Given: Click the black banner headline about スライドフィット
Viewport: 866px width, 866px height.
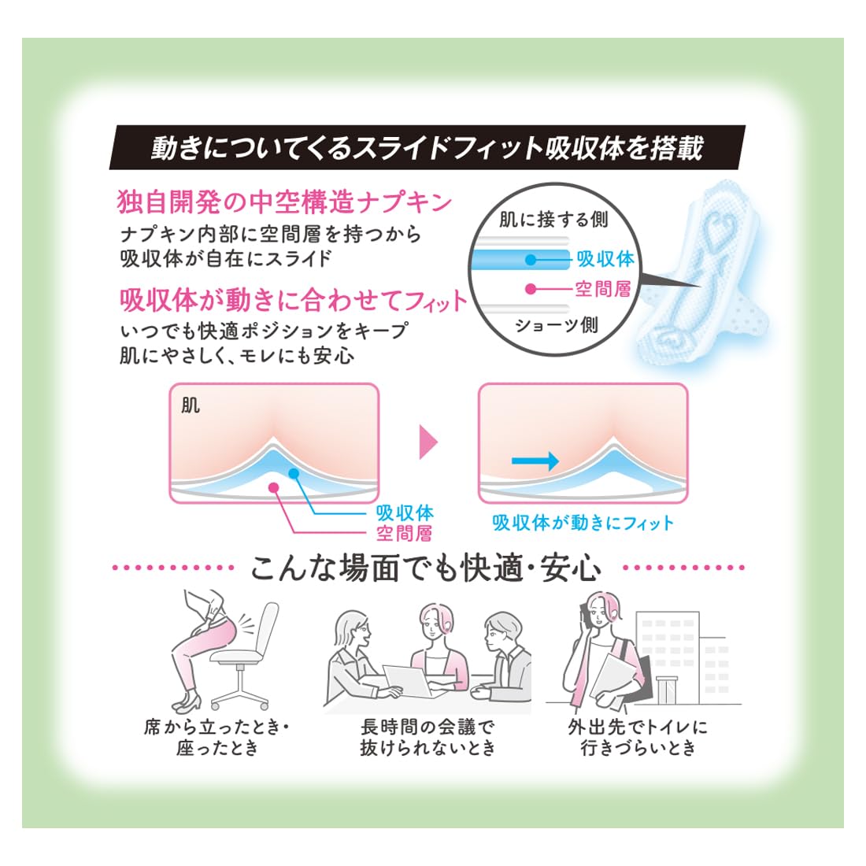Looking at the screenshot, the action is click(427, 147).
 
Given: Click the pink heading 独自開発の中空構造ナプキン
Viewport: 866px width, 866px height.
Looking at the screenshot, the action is click(284, 202).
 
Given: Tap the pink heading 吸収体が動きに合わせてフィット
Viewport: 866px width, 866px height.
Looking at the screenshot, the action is click(294, 300).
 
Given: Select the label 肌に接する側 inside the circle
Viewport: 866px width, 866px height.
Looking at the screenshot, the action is click(553, 220).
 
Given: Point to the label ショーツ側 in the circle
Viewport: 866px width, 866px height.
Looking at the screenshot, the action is click(557, 324).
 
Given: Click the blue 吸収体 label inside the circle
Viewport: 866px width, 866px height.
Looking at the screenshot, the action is click(605, 258).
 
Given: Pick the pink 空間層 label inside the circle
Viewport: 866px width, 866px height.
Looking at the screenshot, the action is click(603, 288).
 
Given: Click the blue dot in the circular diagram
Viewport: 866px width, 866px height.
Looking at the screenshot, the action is click(531, 259).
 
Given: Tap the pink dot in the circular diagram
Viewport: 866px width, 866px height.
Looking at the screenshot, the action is click(531, 288).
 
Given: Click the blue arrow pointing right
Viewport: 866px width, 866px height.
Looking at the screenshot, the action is click(535, 461).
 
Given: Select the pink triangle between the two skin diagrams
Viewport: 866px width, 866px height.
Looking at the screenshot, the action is click(428, 442).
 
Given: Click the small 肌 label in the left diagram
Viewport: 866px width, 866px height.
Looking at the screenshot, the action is click(191, 406).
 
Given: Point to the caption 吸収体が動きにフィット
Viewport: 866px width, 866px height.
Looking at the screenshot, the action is click(583, 523).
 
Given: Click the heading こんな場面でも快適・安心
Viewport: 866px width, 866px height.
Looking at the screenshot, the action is click(426, 568).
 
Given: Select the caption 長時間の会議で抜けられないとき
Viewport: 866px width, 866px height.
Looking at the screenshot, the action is click(428, 738).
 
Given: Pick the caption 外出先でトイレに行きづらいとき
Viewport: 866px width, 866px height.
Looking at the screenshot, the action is click(638, 738).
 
